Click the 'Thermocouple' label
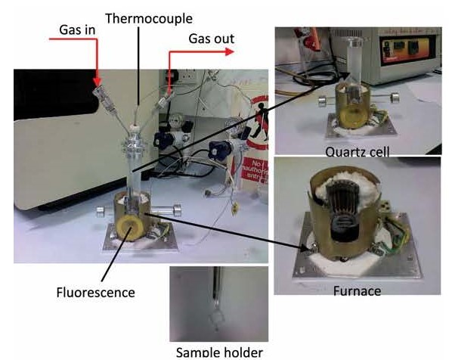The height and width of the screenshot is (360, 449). (x=149, y=19)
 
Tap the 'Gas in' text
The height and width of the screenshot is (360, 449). (x=77, y=29)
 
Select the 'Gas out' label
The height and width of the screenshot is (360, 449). (x=212, y=39)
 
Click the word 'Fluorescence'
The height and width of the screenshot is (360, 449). (x=96, y=293)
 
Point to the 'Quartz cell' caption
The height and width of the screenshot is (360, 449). (x=358, y=151)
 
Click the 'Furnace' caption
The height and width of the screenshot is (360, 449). (x=357, y=291)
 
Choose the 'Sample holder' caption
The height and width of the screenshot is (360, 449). (x=219, y=352)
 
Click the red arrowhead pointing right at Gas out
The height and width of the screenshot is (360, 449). (x=230, y=52)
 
